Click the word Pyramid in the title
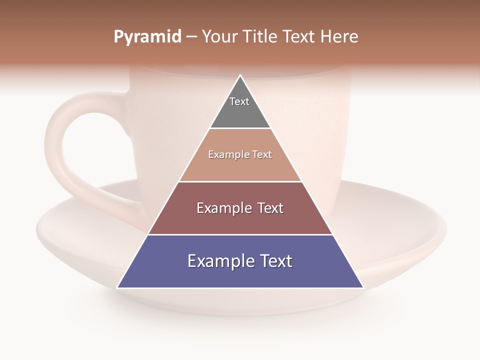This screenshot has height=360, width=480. click(x=147, y=37)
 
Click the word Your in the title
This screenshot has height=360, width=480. click(x=220, y=37)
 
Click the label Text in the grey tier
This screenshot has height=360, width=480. click(x=239, y=101)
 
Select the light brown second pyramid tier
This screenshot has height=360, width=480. click(x=240, y=167)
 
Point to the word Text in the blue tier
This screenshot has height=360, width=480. click(x=275, y=261)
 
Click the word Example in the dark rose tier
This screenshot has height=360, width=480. click(x=223, y=208)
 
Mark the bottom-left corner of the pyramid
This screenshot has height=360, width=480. click(x=118, y=287)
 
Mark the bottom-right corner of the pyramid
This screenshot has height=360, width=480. click(x=362, y=287)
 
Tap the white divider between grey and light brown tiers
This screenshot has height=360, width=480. click(x=240, y=128)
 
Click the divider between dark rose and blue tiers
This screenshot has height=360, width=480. click(x=240, y=234)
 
